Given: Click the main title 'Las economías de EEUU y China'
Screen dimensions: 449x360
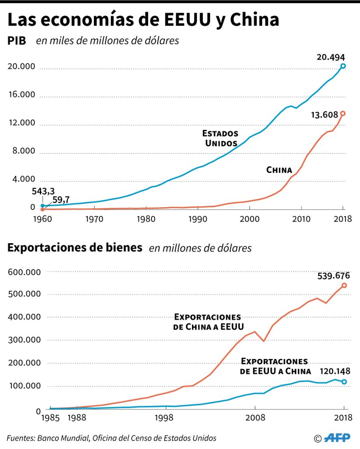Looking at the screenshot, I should [143, 21].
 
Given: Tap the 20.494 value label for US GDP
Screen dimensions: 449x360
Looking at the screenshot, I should [331, 57].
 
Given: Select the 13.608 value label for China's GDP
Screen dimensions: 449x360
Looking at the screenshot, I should [325, 115].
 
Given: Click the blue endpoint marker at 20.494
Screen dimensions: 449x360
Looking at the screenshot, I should [343, 66].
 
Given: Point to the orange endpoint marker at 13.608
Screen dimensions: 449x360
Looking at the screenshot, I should [343, 113].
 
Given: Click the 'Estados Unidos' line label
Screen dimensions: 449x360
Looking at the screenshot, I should [220, 138].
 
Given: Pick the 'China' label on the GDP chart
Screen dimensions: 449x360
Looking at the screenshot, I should [279, 170].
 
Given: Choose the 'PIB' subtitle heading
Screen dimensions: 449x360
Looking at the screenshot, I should [17, 41].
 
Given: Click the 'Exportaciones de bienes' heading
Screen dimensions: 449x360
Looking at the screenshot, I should [75, 248].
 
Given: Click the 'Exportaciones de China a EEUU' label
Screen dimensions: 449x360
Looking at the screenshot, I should [207, 322].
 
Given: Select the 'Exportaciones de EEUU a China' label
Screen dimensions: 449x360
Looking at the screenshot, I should [274, 366].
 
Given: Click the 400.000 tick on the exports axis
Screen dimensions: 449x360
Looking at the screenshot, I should [24, 317].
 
